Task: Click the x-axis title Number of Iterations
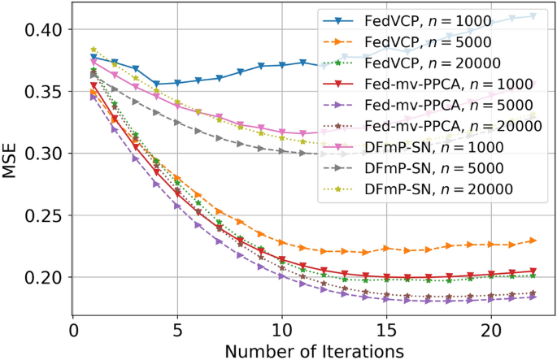tap(314, 351)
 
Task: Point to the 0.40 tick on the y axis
tap(45, 30)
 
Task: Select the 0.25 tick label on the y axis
tap(45, 215)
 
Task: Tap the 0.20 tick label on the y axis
tap(45, 277)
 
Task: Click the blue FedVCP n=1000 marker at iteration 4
tap(157, 84)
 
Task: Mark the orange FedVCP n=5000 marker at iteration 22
tap(533, 240)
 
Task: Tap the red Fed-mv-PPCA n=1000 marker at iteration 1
tap(94, 85)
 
